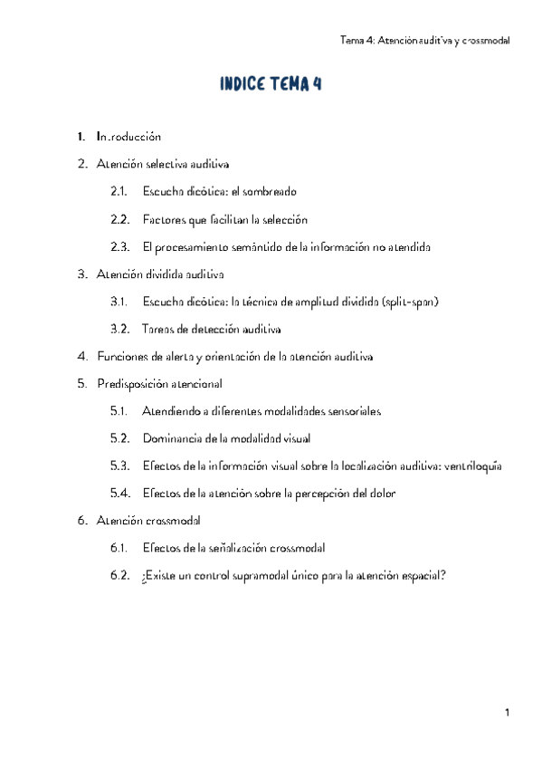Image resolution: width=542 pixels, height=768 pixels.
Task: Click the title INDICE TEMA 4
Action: pos(271,85)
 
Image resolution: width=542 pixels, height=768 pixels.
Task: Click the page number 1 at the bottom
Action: pos(509,714)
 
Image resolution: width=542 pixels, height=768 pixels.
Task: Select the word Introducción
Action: pos(128,138)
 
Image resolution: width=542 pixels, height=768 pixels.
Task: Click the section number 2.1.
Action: pos(119,192)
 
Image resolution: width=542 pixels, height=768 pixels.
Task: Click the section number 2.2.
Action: pos(119,220)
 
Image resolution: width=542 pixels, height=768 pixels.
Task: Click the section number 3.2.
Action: pos(119,329)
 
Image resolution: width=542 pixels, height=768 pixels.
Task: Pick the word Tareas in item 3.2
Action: pos(158,329)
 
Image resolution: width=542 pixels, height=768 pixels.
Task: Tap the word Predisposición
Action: pos(133,384)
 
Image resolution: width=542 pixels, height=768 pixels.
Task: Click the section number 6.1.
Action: pos(119,548)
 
